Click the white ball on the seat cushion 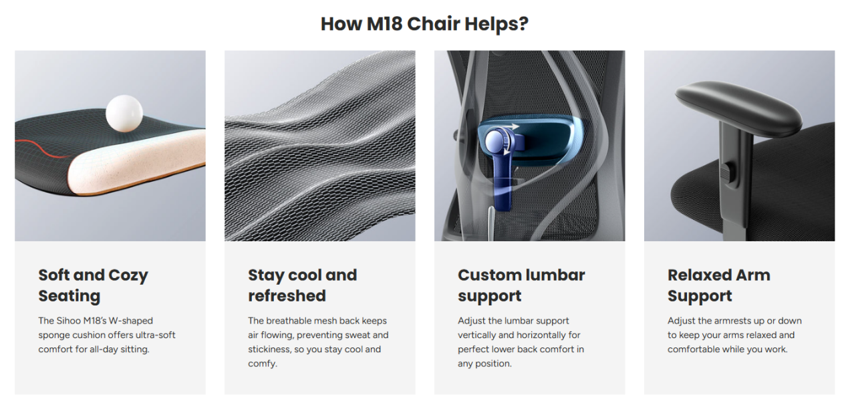click(124, 113)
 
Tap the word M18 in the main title click(384, 23)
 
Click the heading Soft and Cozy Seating click(93, 285)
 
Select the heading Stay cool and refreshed click(303, 285)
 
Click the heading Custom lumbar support click(521, 285)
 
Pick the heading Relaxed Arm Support click(719, 285)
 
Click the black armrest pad click(738, 108)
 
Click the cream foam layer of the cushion click(136, 163)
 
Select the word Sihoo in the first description click(69, 321)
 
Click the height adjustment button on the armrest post click(728, 172)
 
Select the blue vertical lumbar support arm click(503, 178)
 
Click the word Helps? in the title click(497, 24)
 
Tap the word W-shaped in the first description click(130, 321)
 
